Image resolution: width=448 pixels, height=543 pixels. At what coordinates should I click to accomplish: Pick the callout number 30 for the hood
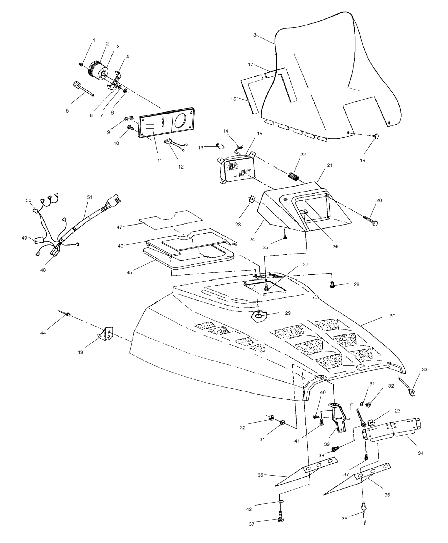coord(392,316)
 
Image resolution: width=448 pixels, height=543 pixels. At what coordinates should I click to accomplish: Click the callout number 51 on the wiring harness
coord(89,197)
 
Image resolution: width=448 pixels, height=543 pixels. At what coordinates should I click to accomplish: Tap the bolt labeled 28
coord(332,285)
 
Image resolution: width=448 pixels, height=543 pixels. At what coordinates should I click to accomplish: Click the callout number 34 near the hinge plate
coord(421,453)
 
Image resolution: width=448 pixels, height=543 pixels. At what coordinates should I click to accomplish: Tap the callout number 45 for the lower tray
coord(129,272)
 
